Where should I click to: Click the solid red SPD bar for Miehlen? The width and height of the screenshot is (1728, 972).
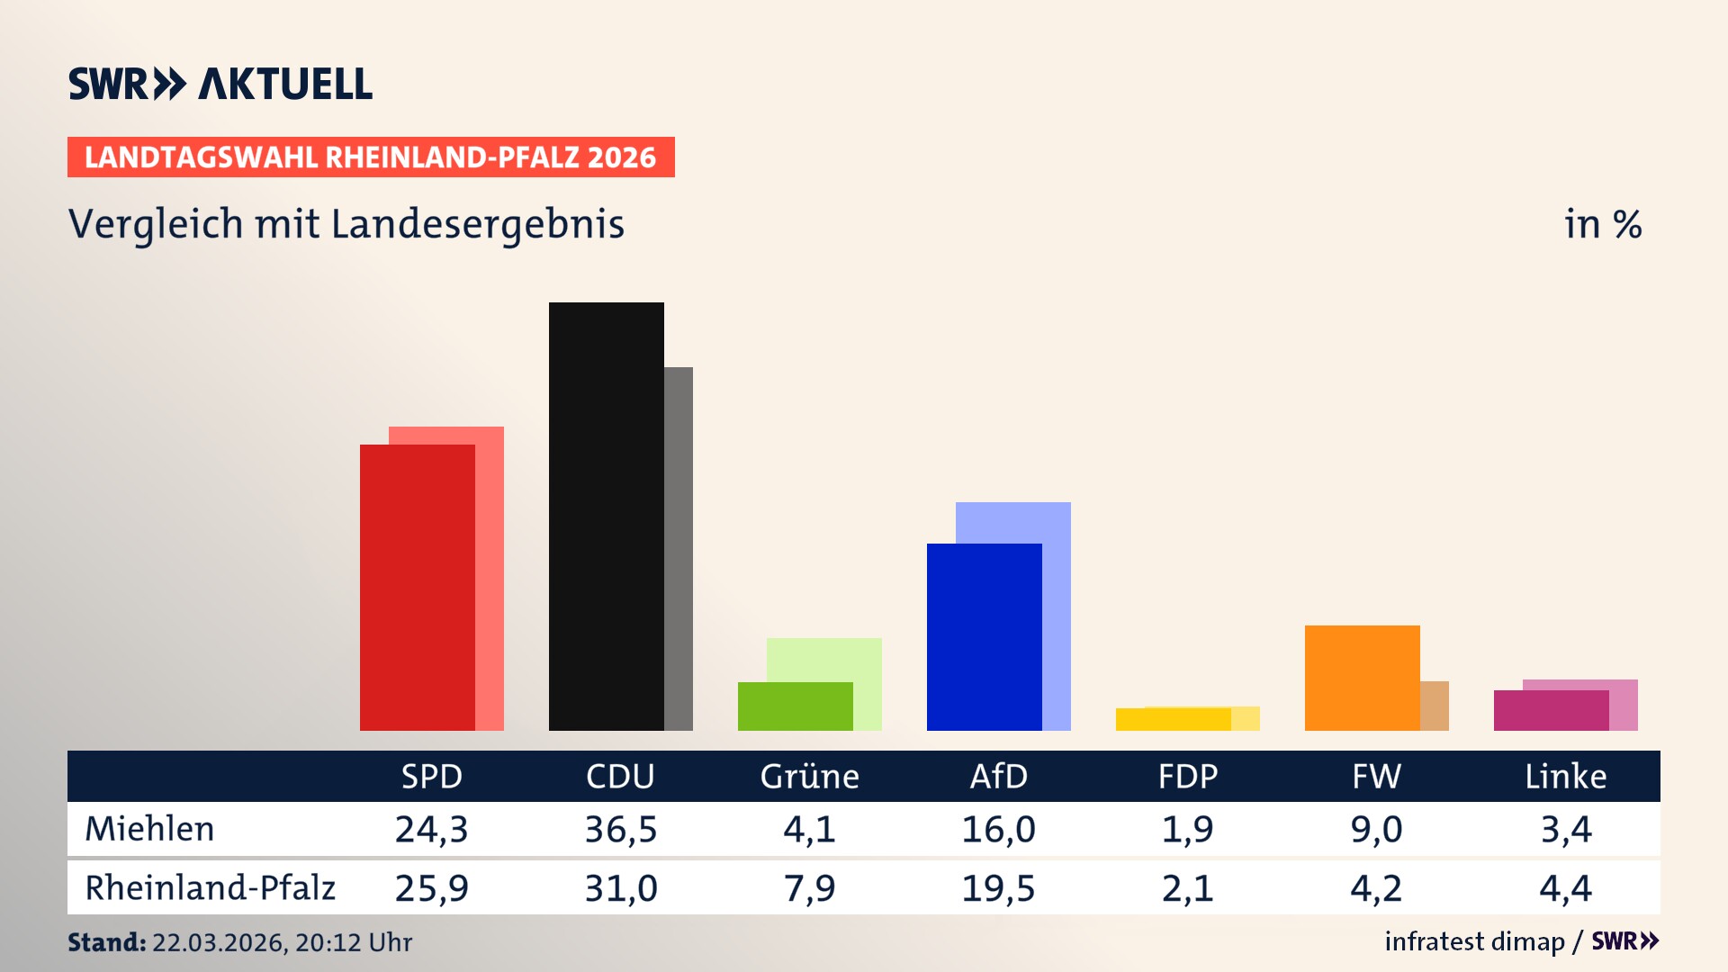pyautogui.click(x=418, y=587)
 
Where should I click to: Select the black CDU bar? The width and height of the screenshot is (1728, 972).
pyautogui.click(x=607, y=516)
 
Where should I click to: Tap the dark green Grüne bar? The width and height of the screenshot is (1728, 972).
pyautogui.click(x=796, y=706)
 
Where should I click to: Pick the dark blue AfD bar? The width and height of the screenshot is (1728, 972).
pyautogui.click(x=985, y=636)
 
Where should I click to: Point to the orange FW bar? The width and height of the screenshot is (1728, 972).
pyautogui.click(x=1363, y=677)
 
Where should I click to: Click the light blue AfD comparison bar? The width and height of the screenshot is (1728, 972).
pyautogui.click(x=1057, y=522)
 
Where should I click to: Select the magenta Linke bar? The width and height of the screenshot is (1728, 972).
pyautogui.click(x=1552, y=710)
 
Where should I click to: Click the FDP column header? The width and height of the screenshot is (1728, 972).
pyautogui.click(x=1188, y=776)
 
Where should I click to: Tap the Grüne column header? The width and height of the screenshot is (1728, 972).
pyautogui.click(x=809, y=776)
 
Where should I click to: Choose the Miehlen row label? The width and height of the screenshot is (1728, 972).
pyautogui.click(x=149, y=829)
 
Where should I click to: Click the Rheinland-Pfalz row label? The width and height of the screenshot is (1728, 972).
pyautogui.click(x=210, y=888)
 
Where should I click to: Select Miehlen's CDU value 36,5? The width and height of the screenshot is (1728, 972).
pyautogui.click(x=621, y=829)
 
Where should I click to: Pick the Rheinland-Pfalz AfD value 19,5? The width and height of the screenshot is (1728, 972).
pyautogui.click(x=998, y=888)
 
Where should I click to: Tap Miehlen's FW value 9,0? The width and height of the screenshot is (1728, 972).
pyautogui.click(x=1376, y=829)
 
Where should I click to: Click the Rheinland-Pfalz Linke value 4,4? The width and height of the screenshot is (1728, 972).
pyautogui.click(x=1565, y=888)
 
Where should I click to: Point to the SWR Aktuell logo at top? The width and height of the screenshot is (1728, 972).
pyautogui.click(x=220, y=84)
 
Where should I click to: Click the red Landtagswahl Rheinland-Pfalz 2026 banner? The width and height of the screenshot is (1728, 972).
pyautogui.click(x=371, y=157)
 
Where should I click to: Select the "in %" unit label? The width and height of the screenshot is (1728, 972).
pyautogui.click(x=1602, y=224)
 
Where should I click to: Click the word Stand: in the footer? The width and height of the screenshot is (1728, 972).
pyautogui.click(x=106, y=942)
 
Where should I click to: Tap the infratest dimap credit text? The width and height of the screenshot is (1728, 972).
pyautogui.click(x=1474, y=941)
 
